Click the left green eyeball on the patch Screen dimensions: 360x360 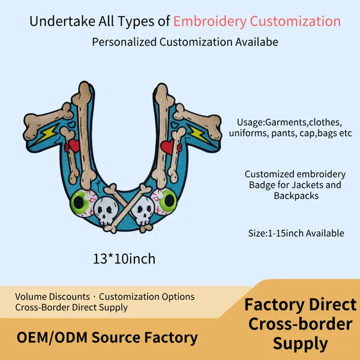point(83,203)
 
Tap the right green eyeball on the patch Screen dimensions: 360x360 point(164,202)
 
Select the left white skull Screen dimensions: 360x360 point(106,211)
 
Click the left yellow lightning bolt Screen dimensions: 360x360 point(47,134)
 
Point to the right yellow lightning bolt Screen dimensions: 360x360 point(199,134)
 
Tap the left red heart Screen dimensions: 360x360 point(73,146)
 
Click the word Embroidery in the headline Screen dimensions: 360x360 point(210,22)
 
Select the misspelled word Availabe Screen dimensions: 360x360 point(257,42)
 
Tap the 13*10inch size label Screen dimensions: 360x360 point(124,259)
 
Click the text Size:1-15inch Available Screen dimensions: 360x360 point(296,233)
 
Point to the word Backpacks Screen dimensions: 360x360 point(296,196)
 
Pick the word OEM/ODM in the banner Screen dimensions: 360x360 point(52,337)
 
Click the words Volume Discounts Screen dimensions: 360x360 point(52,296)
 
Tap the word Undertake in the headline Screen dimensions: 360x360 point(62,21)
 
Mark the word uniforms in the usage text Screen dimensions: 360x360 point(248,133)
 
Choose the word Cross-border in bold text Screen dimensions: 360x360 point(301,324)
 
